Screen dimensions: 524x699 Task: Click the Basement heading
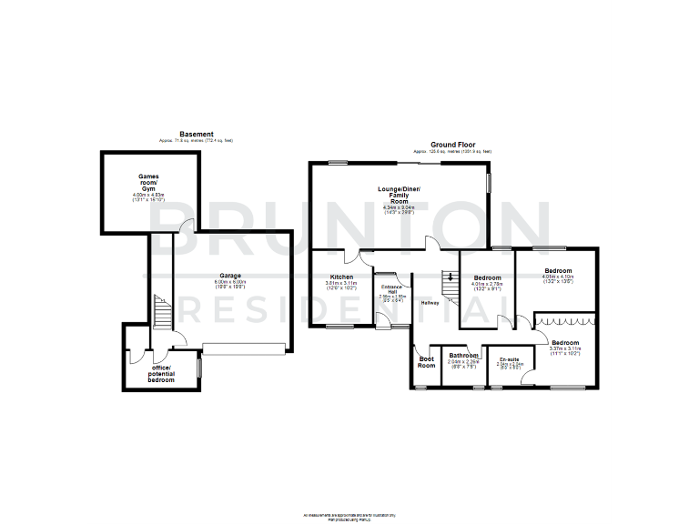tap(197, 134)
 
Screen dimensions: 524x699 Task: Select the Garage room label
tap(230, 275)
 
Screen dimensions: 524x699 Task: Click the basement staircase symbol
tap(162, 312)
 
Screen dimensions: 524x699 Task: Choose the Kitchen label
tap(341, 277)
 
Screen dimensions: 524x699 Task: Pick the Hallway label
tap(431, 303)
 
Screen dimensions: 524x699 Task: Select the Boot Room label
tap(426, 362)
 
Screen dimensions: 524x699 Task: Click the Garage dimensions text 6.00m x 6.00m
tap(230, 282)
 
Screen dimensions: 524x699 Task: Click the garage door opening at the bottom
tap(245, 347)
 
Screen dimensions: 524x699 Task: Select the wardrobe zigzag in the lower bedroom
tap(564, 320)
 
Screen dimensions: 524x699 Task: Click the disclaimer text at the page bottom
tap(349, 516)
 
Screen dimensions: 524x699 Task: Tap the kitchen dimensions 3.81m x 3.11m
tap(342, 283)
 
